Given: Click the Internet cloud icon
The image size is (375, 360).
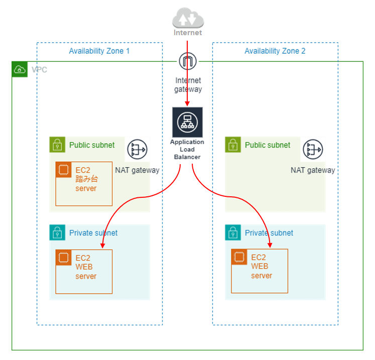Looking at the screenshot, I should [188, 20].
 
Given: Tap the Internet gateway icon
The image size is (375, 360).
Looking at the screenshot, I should [188, 62].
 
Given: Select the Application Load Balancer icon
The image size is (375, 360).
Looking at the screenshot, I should [188, 122].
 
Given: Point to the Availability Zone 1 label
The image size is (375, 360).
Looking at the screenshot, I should [99, 51].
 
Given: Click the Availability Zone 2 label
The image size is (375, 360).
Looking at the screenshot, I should [275, 51].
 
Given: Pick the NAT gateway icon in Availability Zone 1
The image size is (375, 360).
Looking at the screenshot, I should [137, 150].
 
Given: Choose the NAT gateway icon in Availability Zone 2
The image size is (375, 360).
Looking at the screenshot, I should [313, 150].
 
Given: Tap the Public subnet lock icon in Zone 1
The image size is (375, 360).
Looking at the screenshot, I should [58, 145].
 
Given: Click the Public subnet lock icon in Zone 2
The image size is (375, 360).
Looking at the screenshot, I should [233, 145].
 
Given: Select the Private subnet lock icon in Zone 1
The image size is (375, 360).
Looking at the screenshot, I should [58, 232].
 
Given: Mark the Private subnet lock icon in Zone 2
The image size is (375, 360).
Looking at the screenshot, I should [233, 232].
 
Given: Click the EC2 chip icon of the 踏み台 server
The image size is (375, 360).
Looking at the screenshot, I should [64, 170].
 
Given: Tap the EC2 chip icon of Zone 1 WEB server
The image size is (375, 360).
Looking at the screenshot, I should [64, 258].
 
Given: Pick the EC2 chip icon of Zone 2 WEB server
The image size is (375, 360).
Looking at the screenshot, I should [239, 258].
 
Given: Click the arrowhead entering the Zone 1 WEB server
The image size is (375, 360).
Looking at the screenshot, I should [102, 246].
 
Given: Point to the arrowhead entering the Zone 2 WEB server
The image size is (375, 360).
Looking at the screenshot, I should [270, 246].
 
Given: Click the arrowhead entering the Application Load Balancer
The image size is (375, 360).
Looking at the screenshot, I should [188, 104].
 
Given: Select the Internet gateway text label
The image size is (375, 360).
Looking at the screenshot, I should [188, 85].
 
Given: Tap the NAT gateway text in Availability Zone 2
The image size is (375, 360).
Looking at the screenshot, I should [313, 170].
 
